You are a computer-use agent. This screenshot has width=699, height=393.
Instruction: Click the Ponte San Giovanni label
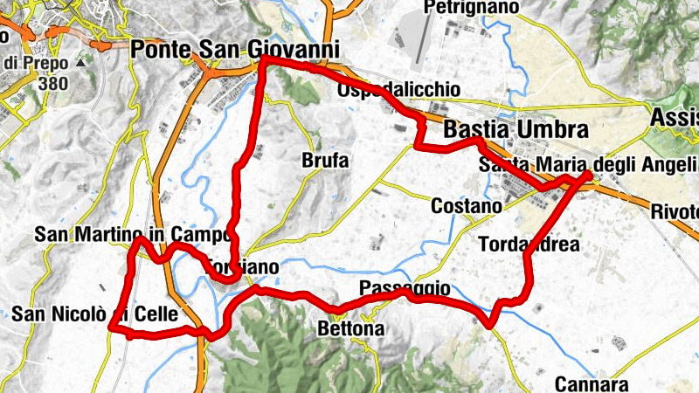tap(234, 51)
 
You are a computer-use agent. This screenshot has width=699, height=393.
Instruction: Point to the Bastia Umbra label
tap(516, 129)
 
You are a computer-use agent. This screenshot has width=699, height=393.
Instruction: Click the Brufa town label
tap(325, 161)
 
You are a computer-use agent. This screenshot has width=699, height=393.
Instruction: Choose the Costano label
tap(467, 206)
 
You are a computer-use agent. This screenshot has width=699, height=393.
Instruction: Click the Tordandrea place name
tap(529, 245)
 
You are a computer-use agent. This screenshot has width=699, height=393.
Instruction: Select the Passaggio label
tap(405, 288)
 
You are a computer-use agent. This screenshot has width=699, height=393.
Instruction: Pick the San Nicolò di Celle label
tap(95, 313)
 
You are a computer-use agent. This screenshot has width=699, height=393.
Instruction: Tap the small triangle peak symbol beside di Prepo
tap(80, 64)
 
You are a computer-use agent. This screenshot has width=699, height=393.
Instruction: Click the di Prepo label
tap(35, 64)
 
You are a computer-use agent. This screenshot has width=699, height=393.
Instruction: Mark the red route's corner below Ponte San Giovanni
tap(264, 59)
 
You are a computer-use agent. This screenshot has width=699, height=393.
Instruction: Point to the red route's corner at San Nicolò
tap(112, 327)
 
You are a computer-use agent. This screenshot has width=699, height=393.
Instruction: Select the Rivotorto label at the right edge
tap(675, 212)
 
